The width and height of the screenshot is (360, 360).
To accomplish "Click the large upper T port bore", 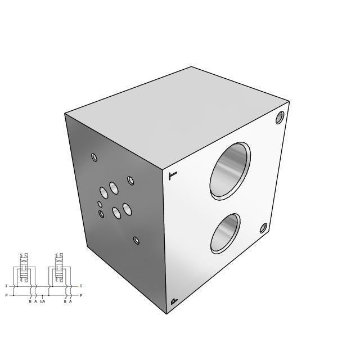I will (x=229, y=170).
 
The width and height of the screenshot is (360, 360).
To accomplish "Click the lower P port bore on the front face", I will (x=225, y=233).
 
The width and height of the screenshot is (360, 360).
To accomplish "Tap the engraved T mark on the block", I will (x=173, y=176).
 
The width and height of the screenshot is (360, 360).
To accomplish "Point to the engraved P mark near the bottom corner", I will (x=174, y=302).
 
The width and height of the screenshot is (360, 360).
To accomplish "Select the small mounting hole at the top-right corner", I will (x=280, y=118).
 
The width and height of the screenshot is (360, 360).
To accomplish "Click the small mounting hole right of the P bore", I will (x=263, y=228).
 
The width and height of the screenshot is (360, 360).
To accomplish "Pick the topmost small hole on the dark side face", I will (x=94, y=158).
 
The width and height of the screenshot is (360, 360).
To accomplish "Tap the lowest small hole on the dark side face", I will (x=136, y=240).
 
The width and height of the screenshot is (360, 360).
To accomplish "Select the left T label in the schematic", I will (x=6, y=286).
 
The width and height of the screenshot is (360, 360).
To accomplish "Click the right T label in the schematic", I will (x=81, y=286).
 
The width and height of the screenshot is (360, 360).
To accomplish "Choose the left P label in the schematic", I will (x=6, y=295).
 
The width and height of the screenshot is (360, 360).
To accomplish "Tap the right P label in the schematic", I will (x=81, y=295).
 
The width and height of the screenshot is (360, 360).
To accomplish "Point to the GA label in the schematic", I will (x=42, y=302).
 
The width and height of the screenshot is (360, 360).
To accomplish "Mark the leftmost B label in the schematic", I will (x=30, y=302).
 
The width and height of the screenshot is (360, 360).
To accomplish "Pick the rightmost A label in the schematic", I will (x=70, y=302).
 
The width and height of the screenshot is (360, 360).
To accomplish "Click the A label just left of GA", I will (x=35, y=302).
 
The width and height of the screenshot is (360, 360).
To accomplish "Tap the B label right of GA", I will (x=65, y=302).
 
